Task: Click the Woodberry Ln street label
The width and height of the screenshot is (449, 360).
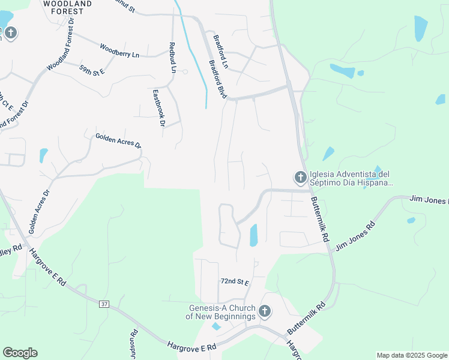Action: [119, 50]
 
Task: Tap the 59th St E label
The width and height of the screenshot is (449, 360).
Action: [92, 70]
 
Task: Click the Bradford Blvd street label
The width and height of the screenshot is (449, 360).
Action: [217, 79]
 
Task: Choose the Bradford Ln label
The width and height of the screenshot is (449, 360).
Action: [221, 51]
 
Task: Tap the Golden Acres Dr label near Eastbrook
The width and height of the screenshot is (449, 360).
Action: [118, 141]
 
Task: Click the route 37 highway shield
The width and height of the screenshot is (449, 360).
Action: [104, 304]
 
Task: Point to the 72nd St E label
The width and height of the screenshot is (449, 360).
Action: [235, 281]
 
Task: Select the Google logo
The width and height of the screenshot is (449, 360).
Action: [20, 353]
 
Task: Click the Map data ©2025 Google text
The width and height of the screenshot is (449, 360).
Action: [411, 355]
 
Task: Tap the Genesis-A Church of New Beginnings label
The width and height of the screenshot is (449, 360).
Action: [220, 312]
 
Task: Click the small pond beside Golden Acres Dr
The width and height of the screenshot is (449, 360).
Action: [43, 155]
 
